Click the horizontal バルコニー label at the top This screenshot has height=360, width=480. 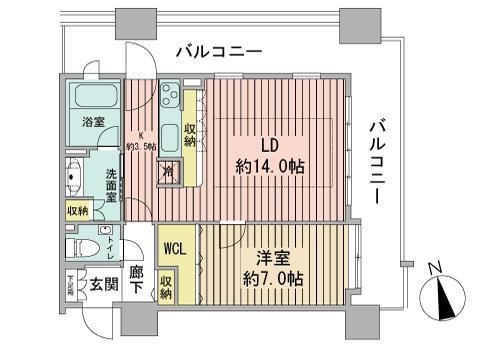[x=218, y=50]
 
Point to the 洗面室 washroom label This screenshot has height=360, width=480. [x=112, y=186]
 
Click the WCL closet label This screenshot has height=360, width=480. [x=176, y=245]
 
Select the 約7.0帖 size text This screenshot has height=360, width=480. [x=272, y=281]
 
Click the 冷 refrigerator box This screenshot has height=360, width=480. [x=169, y=171]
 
